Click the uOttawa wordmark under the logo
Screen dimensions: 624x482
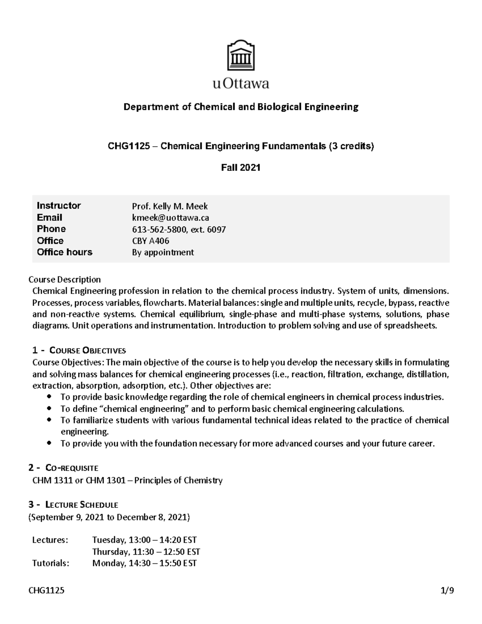pyautogui.click(x=241, y=84)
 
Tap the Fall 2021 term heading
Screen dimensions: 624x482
pyautogui.click(x=241, y=168)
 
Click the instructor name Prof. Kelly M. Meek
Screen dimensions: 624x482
pyautogui.click(x=170, y=207)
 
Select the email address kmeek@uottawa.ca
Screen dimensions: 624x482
pyautogui.click(x=170, y=218)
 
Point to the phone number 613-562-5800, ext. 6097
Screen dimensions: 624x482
pyautogui.click(x=179, y=229)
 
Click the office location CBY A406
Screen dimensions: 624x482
pyautogui.click(x=150, y=241)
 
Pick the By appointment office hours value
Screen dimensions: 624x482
pyautogui.click(x=163, y=252)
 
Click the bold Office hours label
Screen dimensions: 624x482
pyautogui.click(x=64, y=252)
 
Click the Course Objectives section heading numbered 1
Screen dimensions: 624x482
pyautogui.click(x=79, y=350)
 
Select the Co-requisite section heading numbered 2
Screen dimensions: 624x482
pyautogui.click(x=65, y=468)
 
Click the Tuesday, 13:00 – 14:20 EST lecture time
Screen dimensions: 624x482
pyautogui.click(x=144, y=540)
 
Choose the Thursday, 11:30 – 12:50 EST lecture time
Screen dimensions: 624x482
pyautogui.click(x=146, y=552)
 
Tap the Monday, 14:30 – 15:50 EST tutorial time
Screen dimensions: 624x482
pyautogui.click(x=144, y=563)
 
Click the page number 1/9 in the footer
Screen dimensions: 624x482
pyautogui.click(x=447, y=591)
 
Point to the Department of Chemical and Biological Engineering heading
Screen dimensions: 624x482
pyautogui.click(x=241, y=107)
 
